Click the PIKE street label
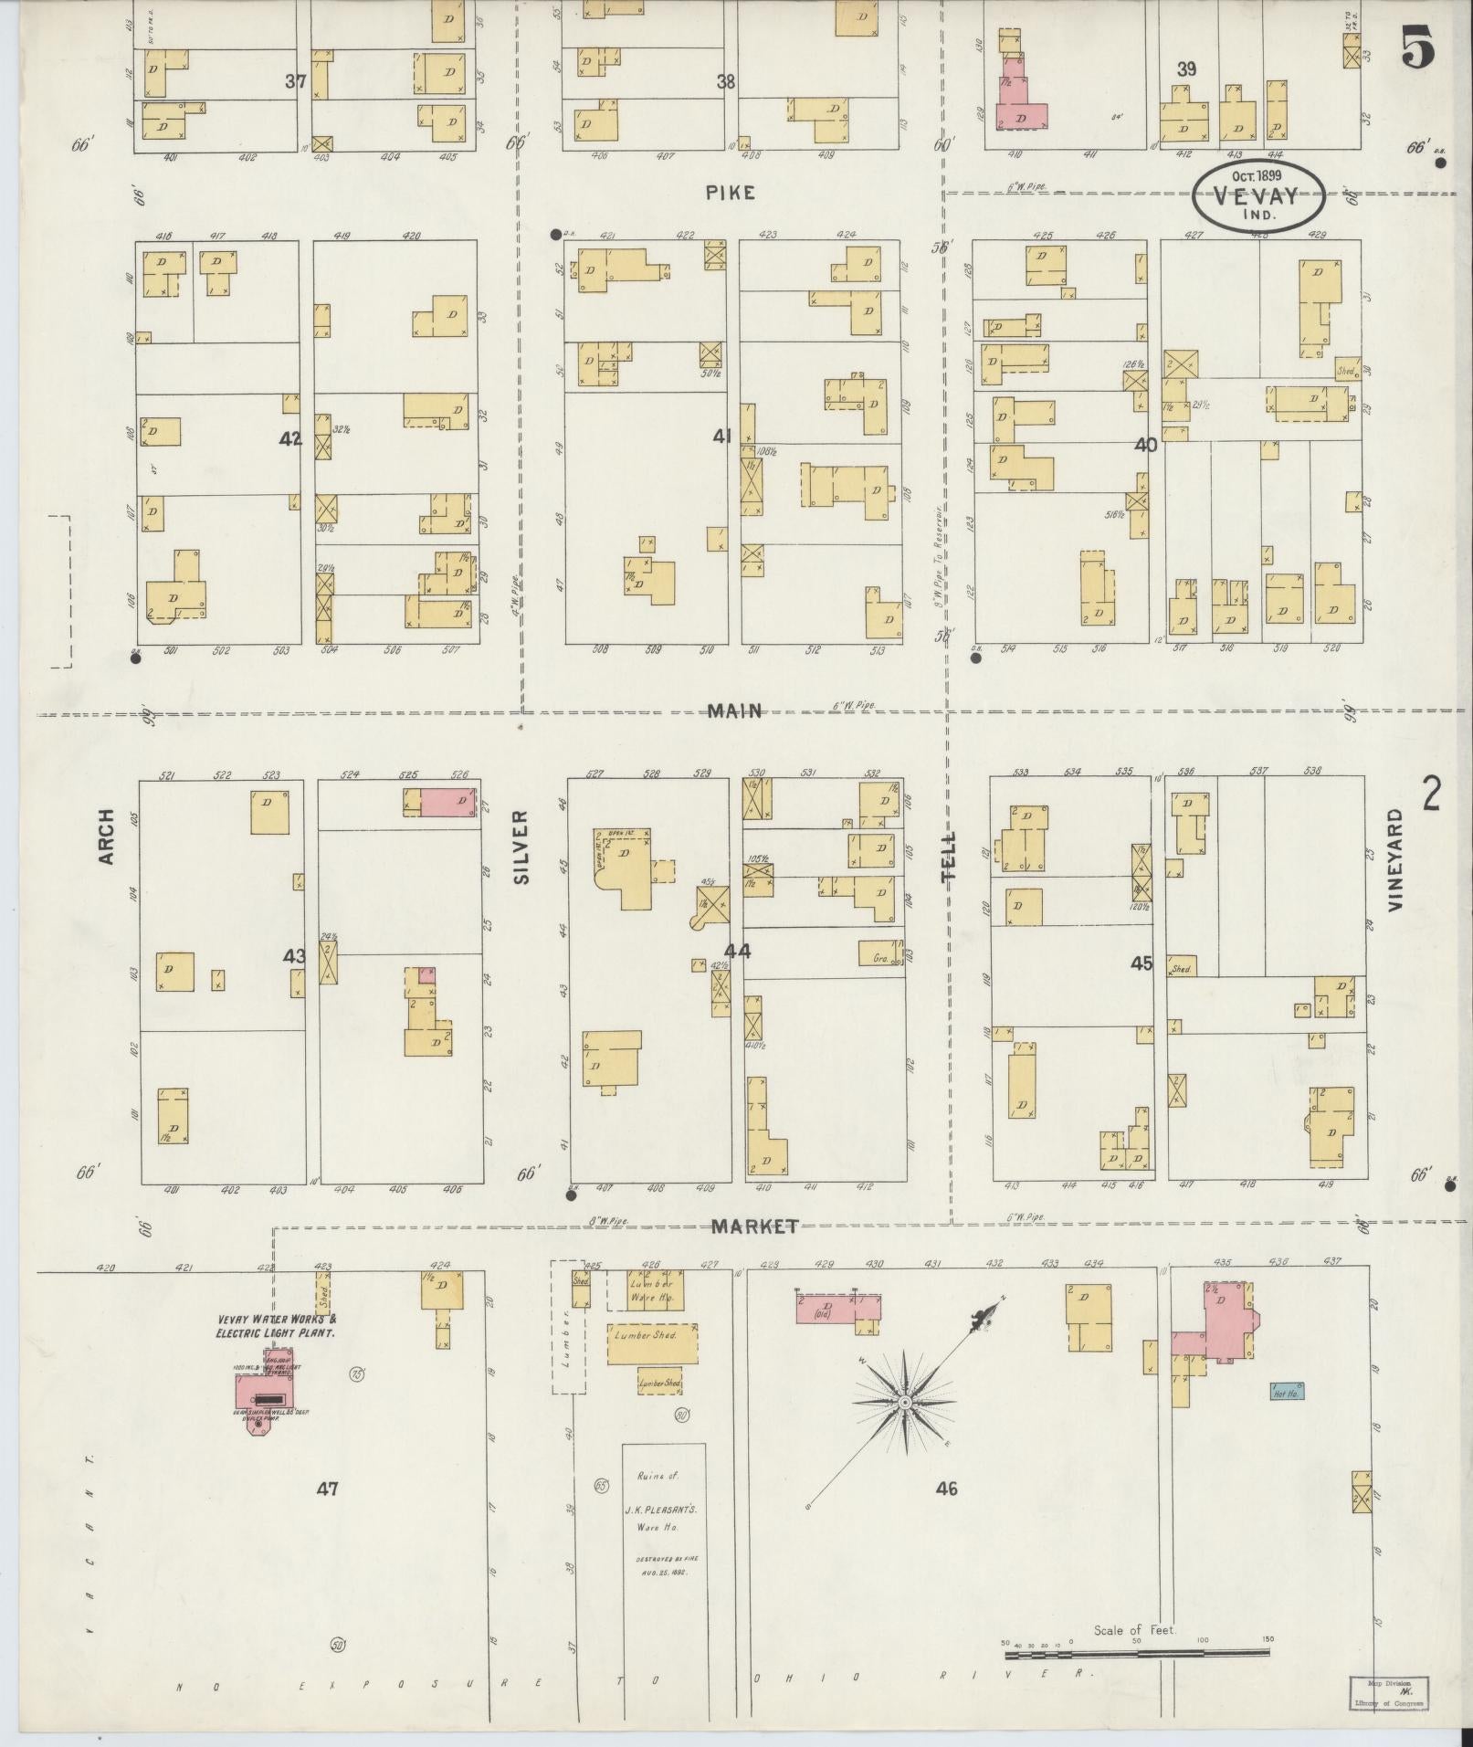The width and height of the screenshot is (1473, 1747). [731, 193]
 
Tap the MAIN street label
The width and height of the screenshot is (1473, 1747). [734, 710]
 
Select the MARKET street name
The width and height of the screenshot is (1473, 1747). [755, 1226]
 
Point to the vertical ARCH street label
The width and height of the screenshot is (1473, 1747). [107, 836]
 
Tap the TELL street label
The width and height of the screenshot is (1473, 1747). [950, 856]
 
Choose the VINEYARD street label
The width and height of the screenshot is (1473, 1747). [1394, 859]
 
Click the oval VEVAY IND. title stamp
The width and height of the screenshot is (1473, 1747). [1258, 195]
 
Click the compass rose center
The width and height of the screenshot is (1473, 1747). [903, 1400]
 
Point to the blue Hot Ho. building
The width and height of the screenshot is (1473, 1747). [1286, 1392]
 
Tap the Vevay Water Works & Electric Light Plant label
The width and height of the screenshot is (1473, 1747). [277, 1326]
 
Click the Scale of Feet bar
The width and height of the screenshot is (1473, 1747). [1137, 1015]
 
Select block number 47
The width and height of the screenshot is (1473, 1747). [328, 1488]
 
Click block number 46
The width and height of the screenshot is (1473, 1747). [946, 1488]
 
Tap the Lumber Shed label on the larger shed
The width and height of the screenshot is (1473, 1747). [651, 1334]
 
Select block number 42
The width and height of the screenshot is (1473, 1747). [289, 439]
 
